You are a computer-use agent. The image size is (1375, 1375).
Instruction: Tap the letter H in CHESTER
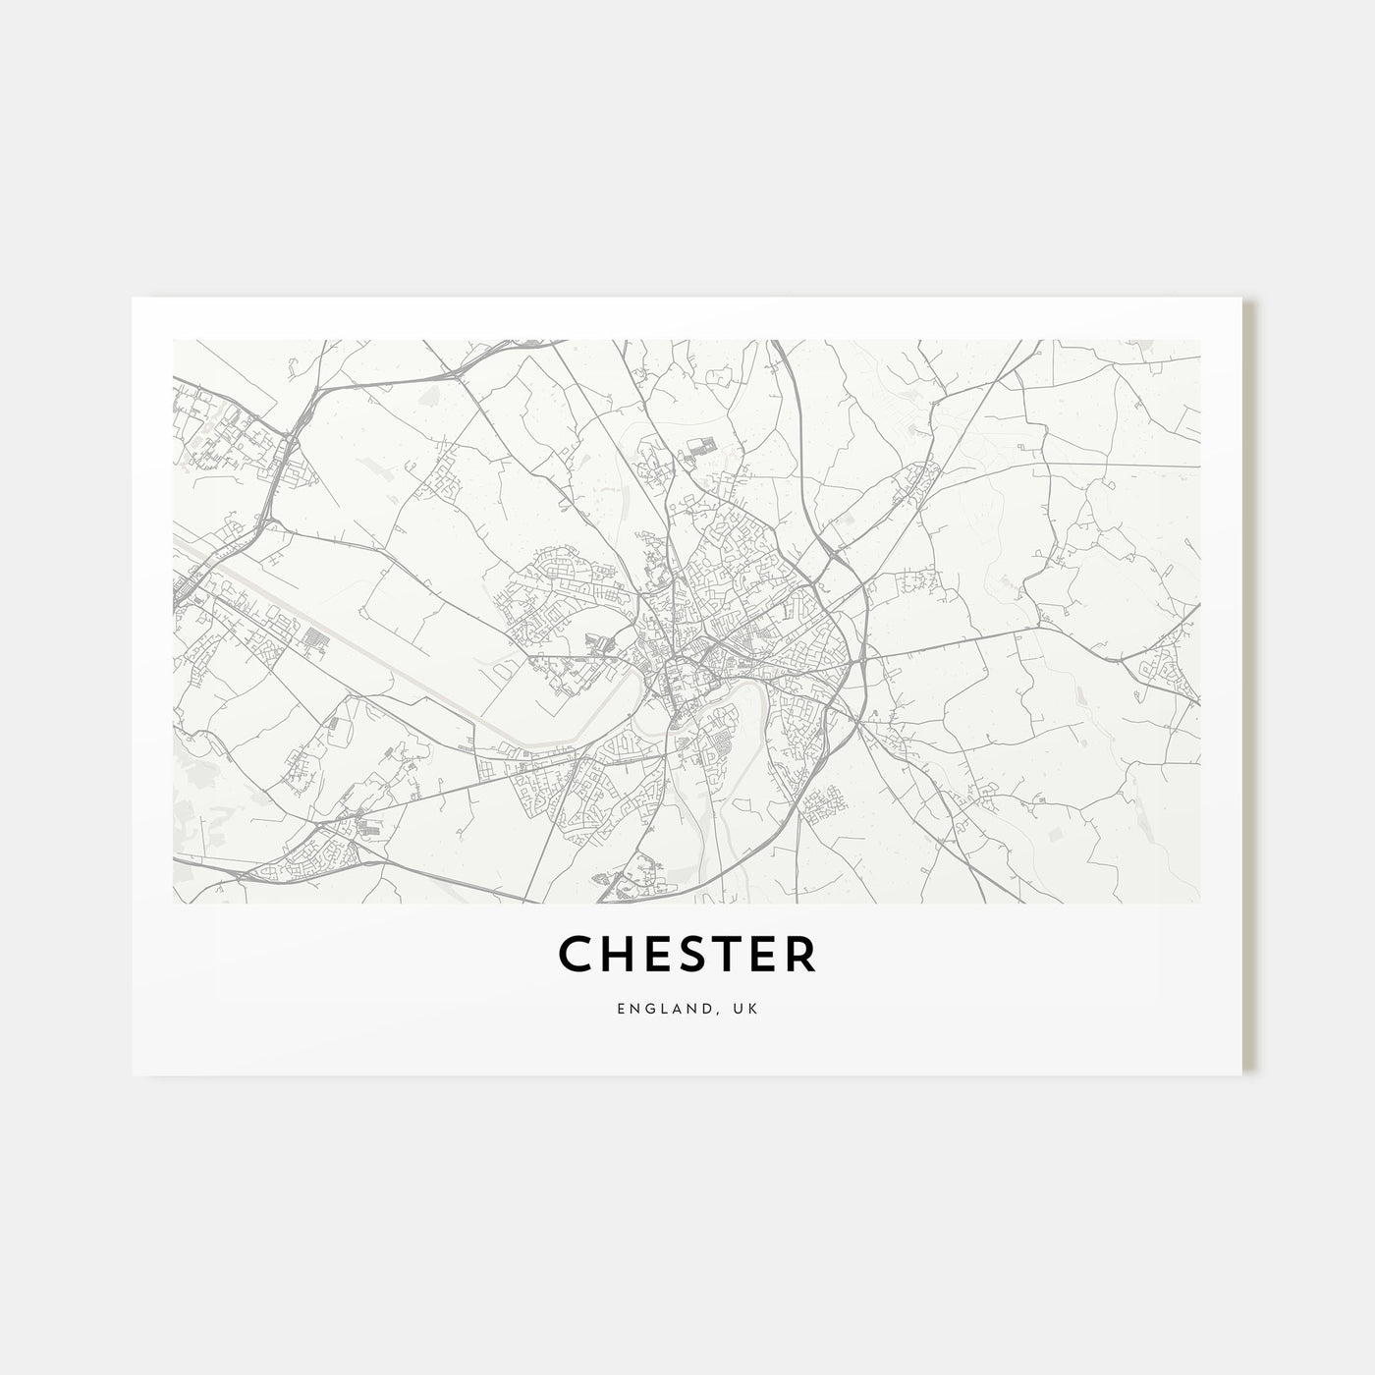616,955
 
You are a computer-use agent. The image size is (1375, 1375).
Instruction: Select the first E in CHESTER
652,955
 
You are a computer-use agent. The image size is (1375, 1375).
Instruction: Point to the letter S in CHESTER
686,955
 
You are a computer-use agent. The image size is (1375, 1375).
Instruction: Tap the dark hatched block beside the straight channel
314,638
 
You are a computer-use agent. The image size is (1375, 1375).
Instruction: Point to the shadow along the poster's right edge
1248,687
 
